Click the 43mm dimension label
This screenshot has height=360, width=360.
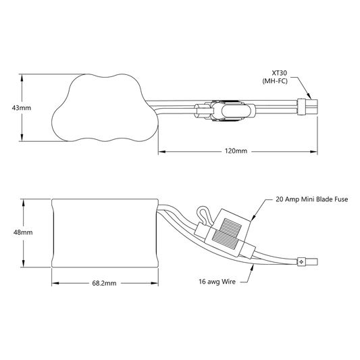(22, 107)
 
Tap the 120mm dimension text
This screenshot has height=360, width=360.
(236, 151)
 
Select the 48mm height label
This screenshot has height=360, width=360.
(23, 232)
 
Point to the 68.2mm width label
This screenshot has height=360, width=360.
(104, 283)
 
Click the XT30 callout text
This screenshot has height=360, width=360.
(280, 73)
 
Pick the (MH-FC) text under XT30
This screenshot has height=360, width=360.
(275, 81)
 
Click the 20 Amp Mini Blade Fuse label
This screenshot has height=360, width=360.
(312, 199)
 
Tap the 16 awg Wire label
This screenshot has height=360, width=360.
(217, 282)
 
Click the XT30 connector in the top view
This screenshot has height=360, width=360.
(307, 107)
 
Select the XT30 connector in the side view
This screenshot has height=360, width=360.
(307, 262)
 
